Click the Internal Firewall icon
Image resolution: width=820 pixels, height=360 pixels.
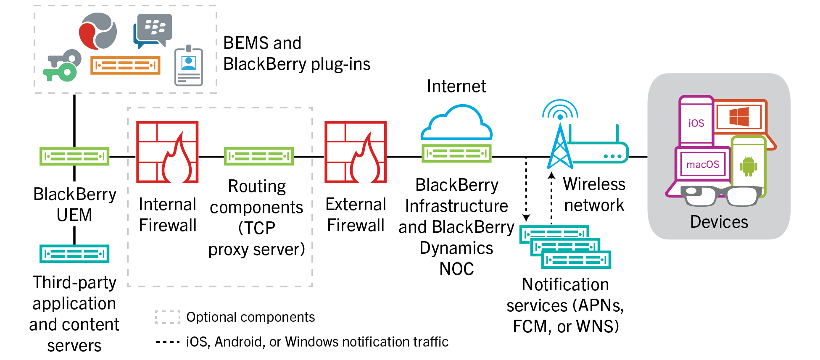pos(167,152)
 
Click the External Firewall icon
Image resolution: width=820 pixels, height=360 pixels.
pos(356,152)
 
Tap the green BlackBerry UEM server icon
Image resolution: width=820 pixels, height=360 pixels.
pos(74,156)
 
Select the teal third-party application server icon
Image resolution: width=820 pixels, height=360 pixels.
pos(74,254)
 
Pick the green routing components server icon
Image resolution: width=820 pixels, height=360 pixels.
pos(258,156)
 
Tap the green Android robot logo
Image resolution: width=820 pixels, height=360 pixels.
pos(748,166)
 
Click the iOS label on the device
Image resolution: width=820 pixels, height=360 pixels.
pos(696,123)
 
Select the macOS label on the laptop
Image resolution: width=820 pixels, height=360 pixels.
pos(703,164)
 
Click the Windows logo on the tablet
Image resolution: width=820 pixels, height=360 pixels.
pos(739,116)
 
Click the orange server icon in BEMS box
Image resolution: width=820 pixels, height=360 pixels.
pos(125,66)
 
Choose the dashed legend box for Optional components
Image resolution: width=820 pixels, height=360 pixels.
pos(167,317)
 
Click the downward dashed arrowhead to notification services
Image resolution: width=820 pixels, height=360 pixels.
pos(526,218)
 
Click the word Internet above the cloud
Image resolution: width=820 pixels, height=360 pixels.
pos(456,86)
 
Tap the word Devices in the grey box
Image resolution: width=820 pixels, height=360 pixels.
pos(719,222)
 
